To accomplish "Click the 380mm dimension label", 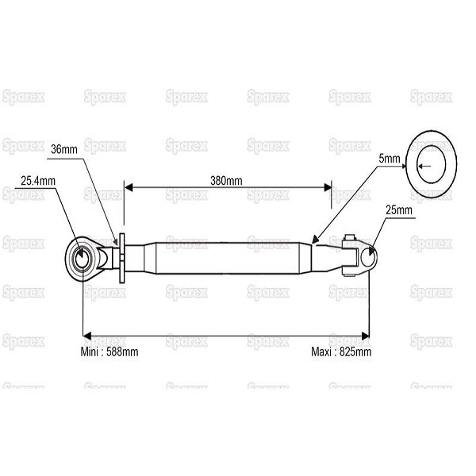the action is (x=226, y=181).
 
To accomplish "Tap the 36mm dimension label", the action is (x=64, y=149).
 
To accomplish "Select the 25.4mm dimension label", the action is (x=38, y=181).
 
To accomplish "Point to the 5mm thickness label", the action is (x=390, y=159).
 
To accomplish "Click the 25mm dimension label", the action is (x=399, y=210).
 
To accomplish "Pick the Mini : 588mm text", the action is (x=109, y=351).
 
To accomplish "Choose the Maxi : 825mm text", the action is (x=341, y=351).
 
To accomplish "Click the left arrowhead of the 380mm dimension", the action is (x=129, y=187).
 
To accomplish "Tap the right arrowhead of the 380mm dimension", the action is (x=328, y=187).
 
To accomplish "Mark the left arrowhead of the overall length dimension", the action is (x=87, y=336).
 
